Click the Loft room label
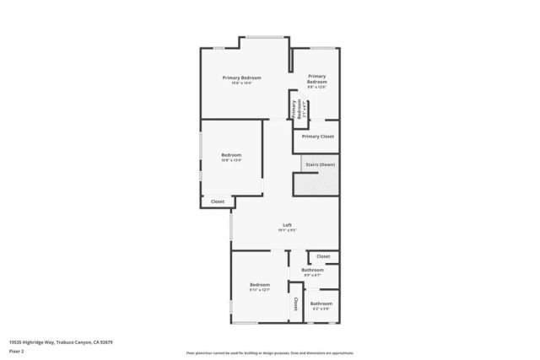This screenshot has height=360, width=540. coord(287,225)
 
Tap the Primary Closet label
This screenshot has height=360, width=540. coord(318,136)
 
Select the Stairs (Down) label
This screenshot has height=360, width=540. coord(321,164)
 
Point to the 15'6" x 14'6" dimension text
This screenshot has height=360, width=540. coord(241,83)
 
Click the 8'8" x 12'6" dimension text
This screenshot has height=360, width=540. coord(316,87)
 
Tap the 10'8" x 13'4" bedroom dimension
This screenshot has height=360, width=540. coord(231,160)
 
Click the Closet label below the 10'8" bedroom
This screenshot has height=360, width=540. coord(218,201)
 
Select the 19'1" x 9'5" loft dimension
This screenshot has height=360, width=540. coord(287,230)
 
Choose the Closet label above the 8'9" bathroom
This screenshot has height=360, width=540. coord(323,256)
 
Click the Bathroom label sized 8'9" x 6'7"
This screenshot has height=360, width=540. coord(312,270)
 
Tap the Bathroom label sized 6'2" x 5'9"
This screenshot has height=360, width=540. coord(321,304)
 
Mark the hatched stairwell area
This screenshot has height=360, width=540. coord(316,183)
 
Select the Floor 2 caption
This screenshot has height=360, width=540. coord(17,351)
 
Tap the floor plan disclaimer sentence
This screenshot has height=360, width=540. coord(270,352)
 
